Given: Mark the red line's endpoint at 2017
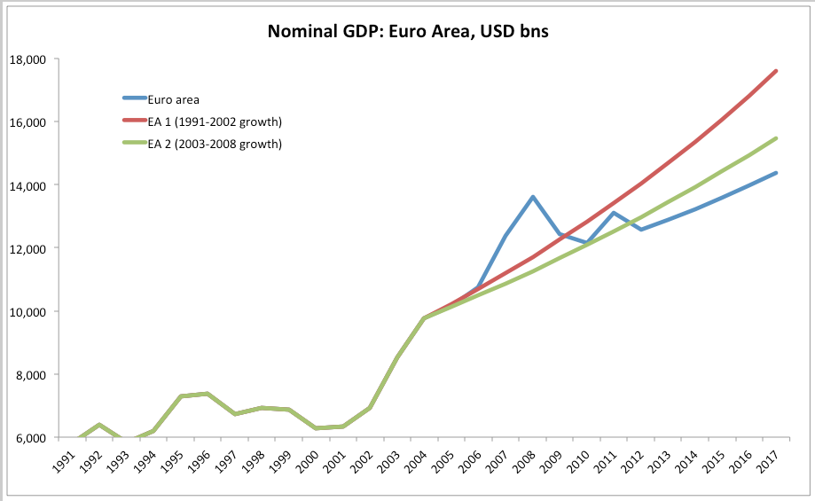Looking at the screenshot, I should click(776, 71).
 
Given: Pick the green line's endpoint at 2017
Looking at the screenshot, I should click(776, 138).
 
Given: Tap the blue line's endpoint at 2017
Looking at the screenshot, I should click(776, 173).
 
